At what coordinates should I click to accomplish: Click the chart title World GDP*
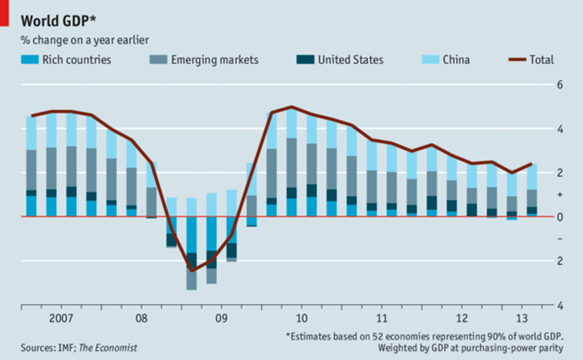point(58,21)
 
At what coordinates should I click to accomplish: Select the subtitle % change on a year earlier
point(85,40)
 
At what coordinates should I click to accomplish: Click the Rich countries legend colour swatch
point(30,60)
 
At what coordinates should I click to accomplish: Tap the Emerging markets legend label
point(214,60)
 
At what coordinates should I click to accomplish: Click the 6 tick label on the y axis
point(560,85)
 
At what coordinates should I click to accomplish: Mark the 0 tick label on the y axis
point(560,217)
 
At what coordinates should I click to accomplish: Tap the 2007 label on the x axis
point(61,318)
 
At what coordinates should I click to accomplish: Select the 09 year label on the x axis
point(221,318)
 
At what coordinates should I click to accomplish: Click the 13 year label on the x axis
point(522,318)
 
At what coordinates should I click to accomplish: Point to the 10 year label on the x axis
point(302,318)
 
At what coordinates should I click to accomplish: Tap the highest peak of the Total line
point(292,107)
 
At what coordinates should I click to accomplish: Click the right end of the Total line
point(532,164)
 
